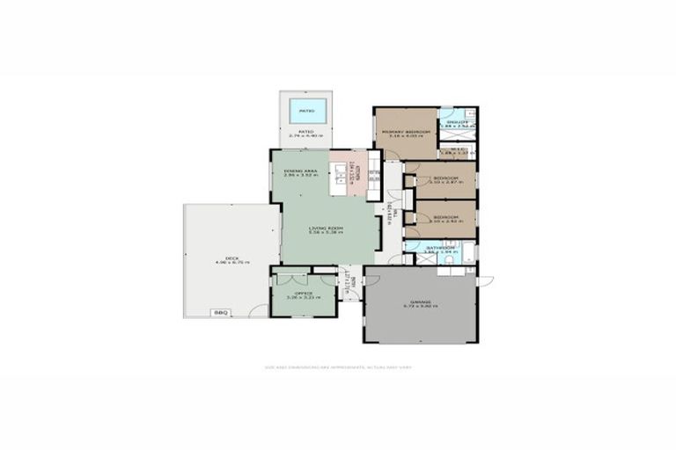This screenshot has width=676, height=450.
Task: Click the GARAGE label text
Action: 421,302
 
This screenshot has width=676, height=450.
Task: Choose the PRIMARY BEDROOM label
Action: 405,132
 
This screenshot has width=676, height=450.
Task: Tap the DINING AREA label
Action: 298,171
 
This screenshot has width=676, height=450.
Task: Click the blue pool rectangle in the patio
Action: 306,112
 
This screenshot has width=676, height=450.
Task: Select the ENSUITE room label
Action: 457,122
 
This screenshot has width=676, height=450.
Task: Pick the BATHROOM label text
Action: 439,248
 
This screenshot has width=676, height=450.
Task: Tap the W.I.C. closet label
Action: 457,149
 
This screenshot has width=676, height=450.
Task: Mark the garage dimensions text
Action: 421,307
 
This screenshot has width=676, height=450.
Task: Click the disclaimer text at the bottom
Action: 338,367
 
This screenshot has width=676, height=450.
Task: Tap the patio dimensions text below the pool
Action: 306,136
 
